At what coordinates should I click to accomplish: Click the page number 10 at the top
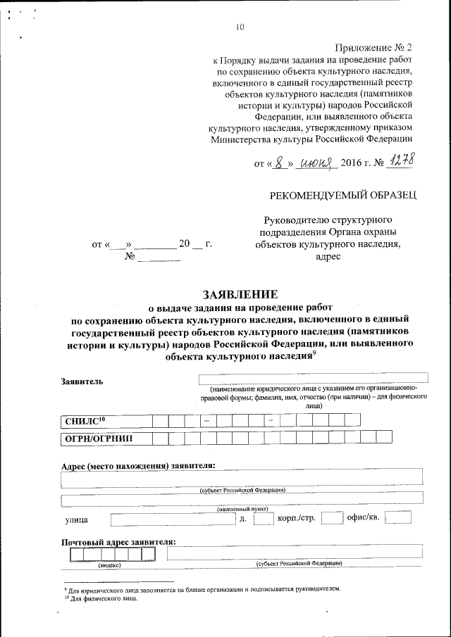click(240, 27)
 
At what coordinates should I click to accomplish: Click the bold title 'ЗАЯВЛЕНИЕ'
click(240, 294)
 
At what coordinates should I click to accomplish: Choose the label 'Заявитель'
click(82, 381)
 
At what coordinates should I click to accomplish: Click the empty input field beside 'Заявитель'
click(314, 379)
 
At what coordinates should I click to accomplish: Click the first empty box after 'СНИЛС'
click(160, 420)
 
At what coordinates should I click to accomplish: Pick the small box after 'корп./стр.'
click(330, 519)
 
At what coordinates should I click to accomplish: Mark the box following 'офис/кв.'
click(398, 519)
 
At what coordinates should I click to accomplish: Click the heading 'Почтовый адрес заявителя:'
click(118, 542)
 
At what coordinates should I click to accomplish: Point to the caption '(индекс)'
click(109, 565)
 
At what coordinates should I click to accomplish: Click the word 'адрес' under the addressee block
click(328, 257)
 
